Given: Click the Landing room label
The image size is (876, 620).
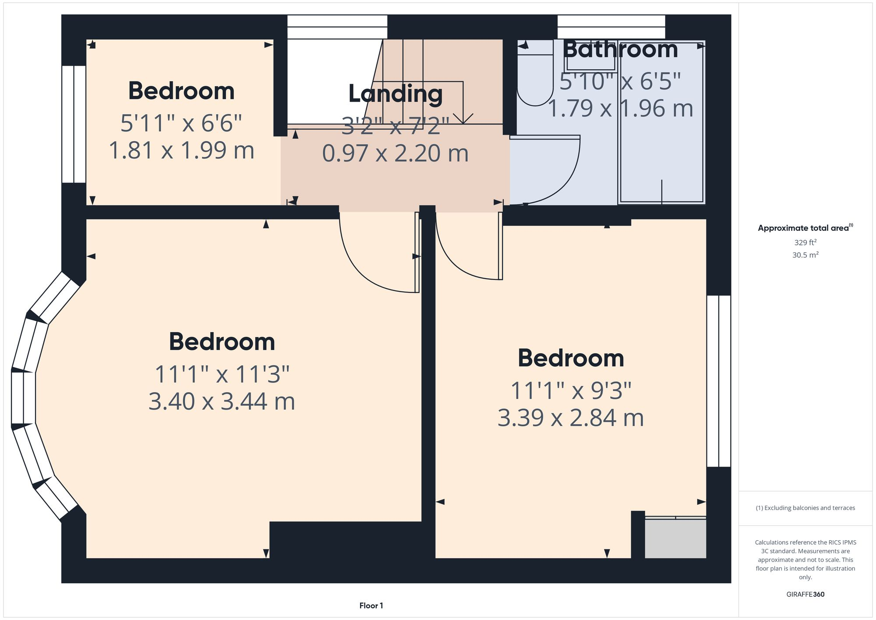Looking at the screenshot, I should pos(395,94).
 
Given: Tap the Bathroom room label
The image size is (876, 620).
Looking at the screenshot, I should pos(620,49).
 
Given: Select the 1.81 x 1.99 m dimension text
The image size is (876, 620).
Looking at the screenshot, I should pos(181,150).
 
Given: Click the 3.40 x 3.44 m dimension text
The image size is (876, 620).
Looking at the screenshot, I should pos(222,401).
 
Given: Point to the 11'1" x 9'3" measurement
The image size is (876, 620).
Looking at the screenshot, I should pos(571,390).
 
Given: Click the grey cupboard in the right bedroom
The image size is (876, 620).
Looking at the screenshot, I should pos(675,538).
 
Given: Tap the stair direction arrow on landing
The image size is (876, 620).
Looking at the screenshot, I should pos(463,117).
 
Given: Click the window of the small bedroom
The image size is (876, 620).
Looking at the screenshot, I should pos(74,124).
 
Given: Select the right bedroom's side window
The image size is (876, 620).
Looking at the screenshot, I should pos(719,381).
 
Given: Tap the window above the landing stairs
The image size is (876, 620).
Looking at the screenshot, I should pos(337,27).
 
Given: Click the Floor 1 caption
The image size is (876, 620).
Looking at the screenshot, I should pos(371,606).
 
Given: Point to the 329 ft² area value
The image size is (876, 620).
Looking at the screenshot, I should pos(805,242).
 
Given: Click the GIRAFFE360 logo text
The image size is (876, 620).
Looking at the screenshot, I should pos(805,594).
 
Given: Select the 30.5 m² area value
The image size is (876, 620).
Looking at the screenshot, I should pos(805,255).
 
